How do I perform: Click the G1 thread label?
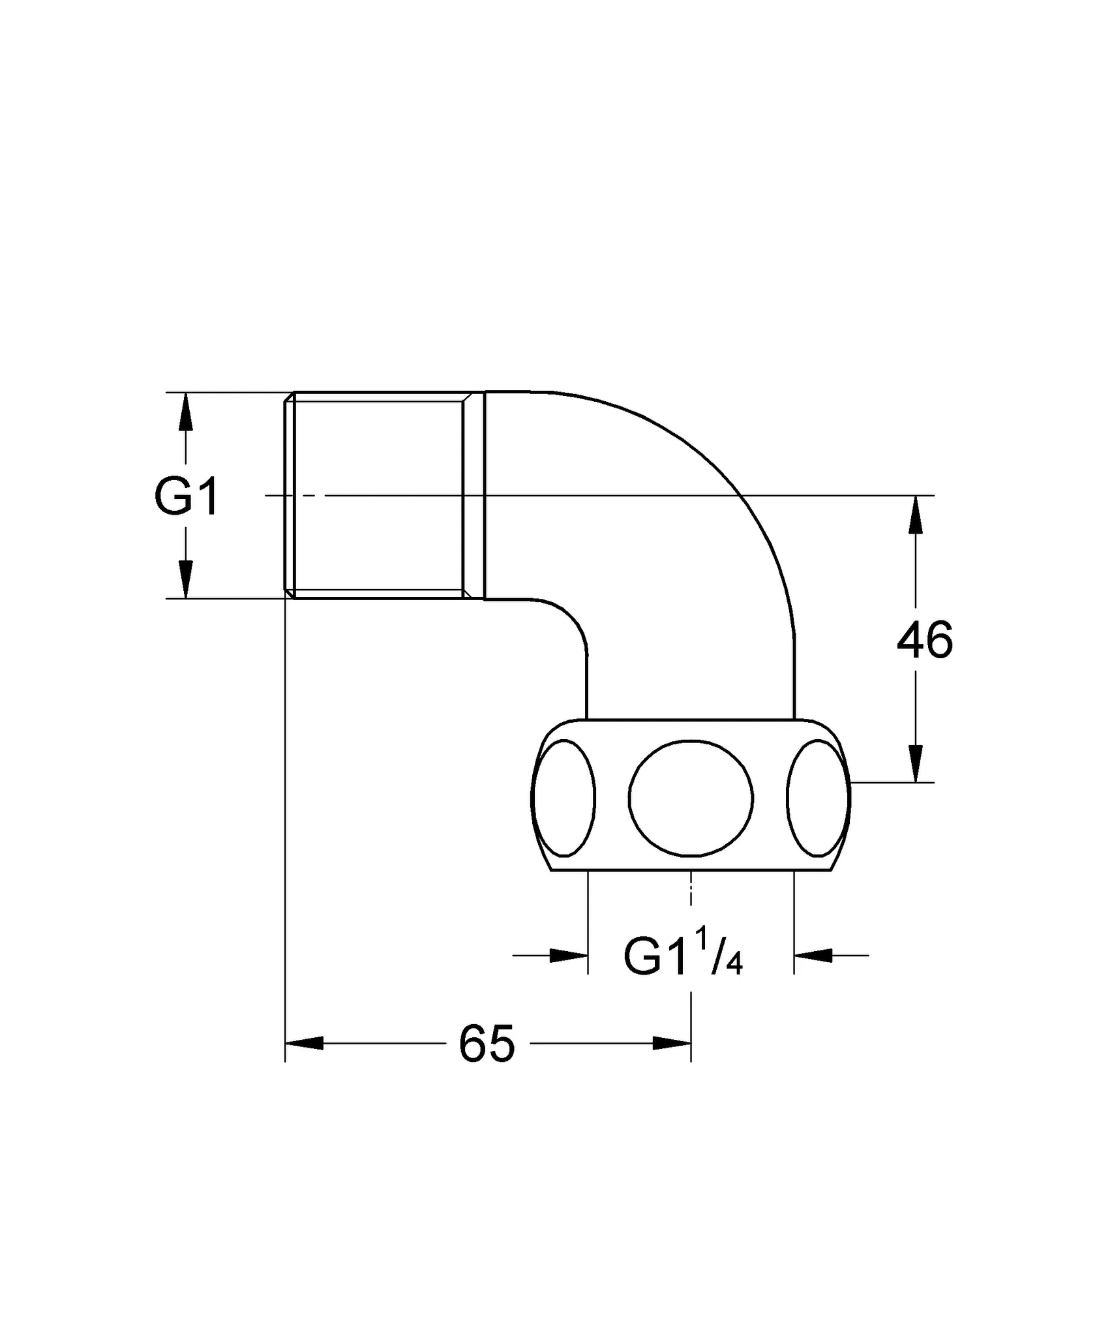186,496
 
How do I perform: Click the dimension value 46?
924,641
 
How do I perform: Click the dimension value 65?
487,1044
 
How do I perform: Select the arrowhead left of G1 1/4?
569,956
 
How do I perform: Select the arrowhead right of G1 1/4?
813,956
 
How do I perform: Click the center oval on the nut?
691,797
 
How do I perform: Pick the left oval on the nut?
565,797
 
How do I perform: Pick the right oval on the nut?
817,797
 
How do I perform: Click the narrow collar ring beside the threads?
474,495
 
